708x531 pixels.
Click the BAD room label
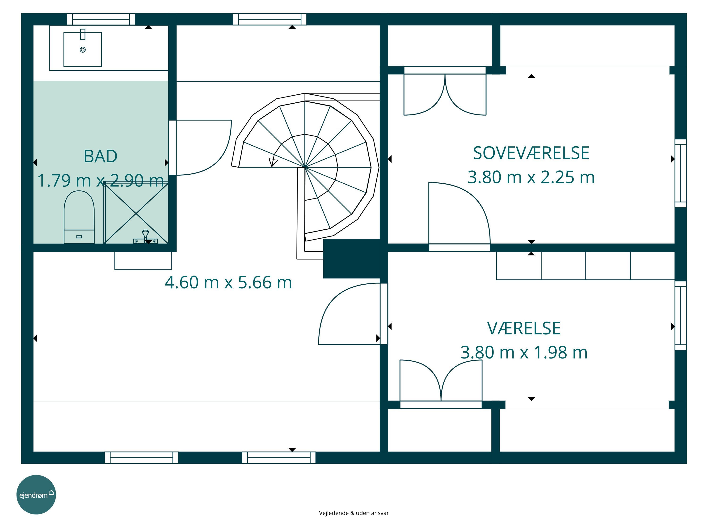(x=101, y=156)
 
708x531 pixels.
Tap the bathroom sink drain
(x=83, y=50)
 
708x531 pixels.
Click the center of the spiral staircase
(x=305, y=167)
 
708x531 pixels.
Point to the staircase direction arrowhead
(x=273, y=162)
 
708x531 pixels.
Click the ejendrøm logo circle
(x=36, y=494)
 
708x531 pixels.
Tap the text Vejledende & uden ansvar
(x=354, y=513)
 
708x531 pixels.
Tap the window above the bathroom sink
(x=101, y=19)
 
